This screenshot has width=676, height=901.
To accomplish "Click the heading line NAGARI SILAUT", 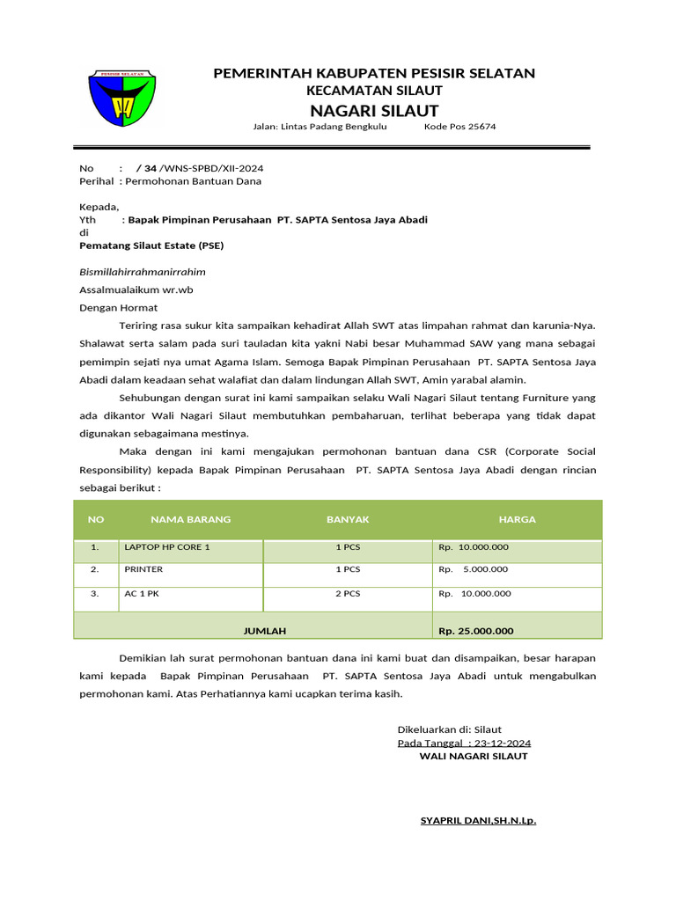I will point(374,110).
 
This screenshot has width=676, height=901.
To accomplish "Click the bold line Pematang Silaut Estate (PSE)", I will point(151,245).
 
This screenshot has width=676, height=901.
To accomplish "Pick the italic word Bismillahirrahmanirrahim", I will point(143,272).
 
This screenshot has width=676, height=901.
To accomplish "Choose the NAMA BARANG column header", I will point(190,519).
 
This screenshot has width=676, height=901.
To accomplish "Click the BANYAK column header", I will point(348,519).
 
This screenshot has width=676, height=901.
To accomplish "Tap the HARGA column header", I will point(517,519).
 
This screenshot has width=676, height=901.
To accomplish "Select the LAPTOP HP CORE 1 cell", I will point(167,547).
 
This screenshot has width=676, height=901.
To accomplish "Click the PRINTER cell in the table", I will point(143,569).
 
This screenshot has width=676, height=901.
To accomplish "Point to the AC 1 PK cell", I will point(142,593).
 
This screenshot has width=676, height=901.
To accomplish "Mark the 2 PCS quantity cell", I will point(348,593).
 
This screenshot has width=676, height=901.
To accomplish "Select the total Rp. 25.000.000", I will point(475,631).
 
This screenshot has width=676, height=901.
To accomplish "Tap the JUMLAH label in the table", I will point(265,631).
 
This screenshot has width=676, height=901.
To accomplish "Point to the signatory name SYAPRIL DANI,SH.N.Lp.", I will point(478,821).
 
